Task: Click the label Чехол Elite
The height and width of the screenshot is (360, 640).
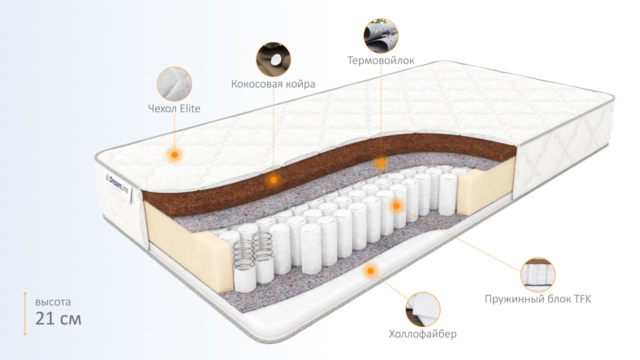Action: pos(174,108)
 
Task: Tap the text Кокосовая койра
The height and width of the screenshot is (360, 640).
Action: pos(273,84)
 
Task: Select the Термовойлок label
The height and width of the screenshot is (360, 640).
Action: pos(381,60)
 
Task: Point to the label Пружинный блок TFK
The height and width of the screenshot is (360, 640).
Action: pos(537,299)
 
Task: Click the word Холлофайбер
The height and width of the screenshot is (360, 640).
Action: pos(422,334)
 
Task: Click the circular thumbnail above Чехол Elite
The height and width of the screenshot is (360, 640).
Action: pos(174,84)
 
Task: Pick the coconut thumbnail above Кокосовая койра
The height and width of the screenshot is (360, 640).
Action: pos(273,59)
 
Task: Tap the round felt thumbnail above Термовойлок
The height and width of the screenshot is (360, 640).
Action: pos(381,36)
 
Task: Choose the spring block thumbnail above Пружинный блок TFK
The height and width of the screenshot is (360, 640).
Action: pos(538,275)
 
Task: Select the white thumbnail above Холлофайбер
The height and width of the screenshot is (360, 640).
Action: pos(423,309)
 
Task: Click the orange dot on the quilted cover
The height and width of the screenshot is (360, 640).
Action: pos(174,155)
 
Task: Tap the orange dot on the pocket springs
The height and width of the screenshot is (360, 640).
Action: pos(396,205)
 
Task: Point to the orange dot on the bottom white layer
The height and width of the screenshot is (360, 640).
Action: pos(370,271)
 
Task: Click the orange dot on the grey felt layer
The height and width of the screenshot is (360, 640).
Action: pos(381,163)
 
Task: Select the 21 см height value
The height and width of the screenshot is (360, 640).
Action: pos(58,318)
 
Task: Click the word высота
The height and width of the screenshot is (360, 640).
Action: pos(53,302)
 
